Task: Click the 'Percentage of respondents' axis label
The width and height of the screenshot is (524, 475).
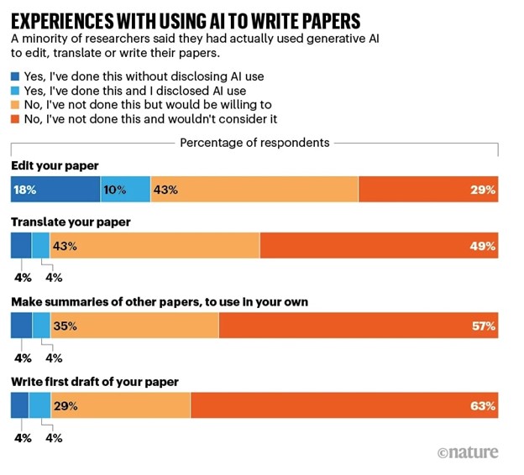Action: (254, 143)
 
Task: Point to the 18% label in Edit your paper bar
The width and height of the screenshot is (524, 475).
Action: (24, 191)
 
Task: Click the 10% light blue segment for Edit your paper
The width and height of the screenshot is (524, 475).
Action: (125, 191)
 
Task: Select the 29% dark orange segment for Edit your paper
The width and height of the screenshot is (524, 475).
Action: (428, 191)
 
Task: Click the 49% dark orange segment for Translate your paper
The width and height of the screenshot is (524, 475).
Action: (379, 246)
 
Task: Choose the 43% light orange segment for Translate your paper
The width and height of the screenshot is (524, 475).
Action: (155, 246)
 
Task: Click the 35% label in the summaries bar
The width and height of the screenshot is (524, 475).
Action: (65, 326)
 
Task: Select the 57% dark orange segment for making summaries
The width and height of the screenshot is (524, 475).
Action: (359, 326)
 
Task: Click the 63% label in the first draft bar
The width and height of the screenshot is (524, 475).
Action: (484, 406)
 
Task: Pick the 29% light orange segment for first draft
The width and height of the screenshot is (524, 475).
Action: (121, 405)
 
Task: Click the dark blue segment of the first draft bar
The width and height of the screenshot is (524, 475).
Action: (19, 405)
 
